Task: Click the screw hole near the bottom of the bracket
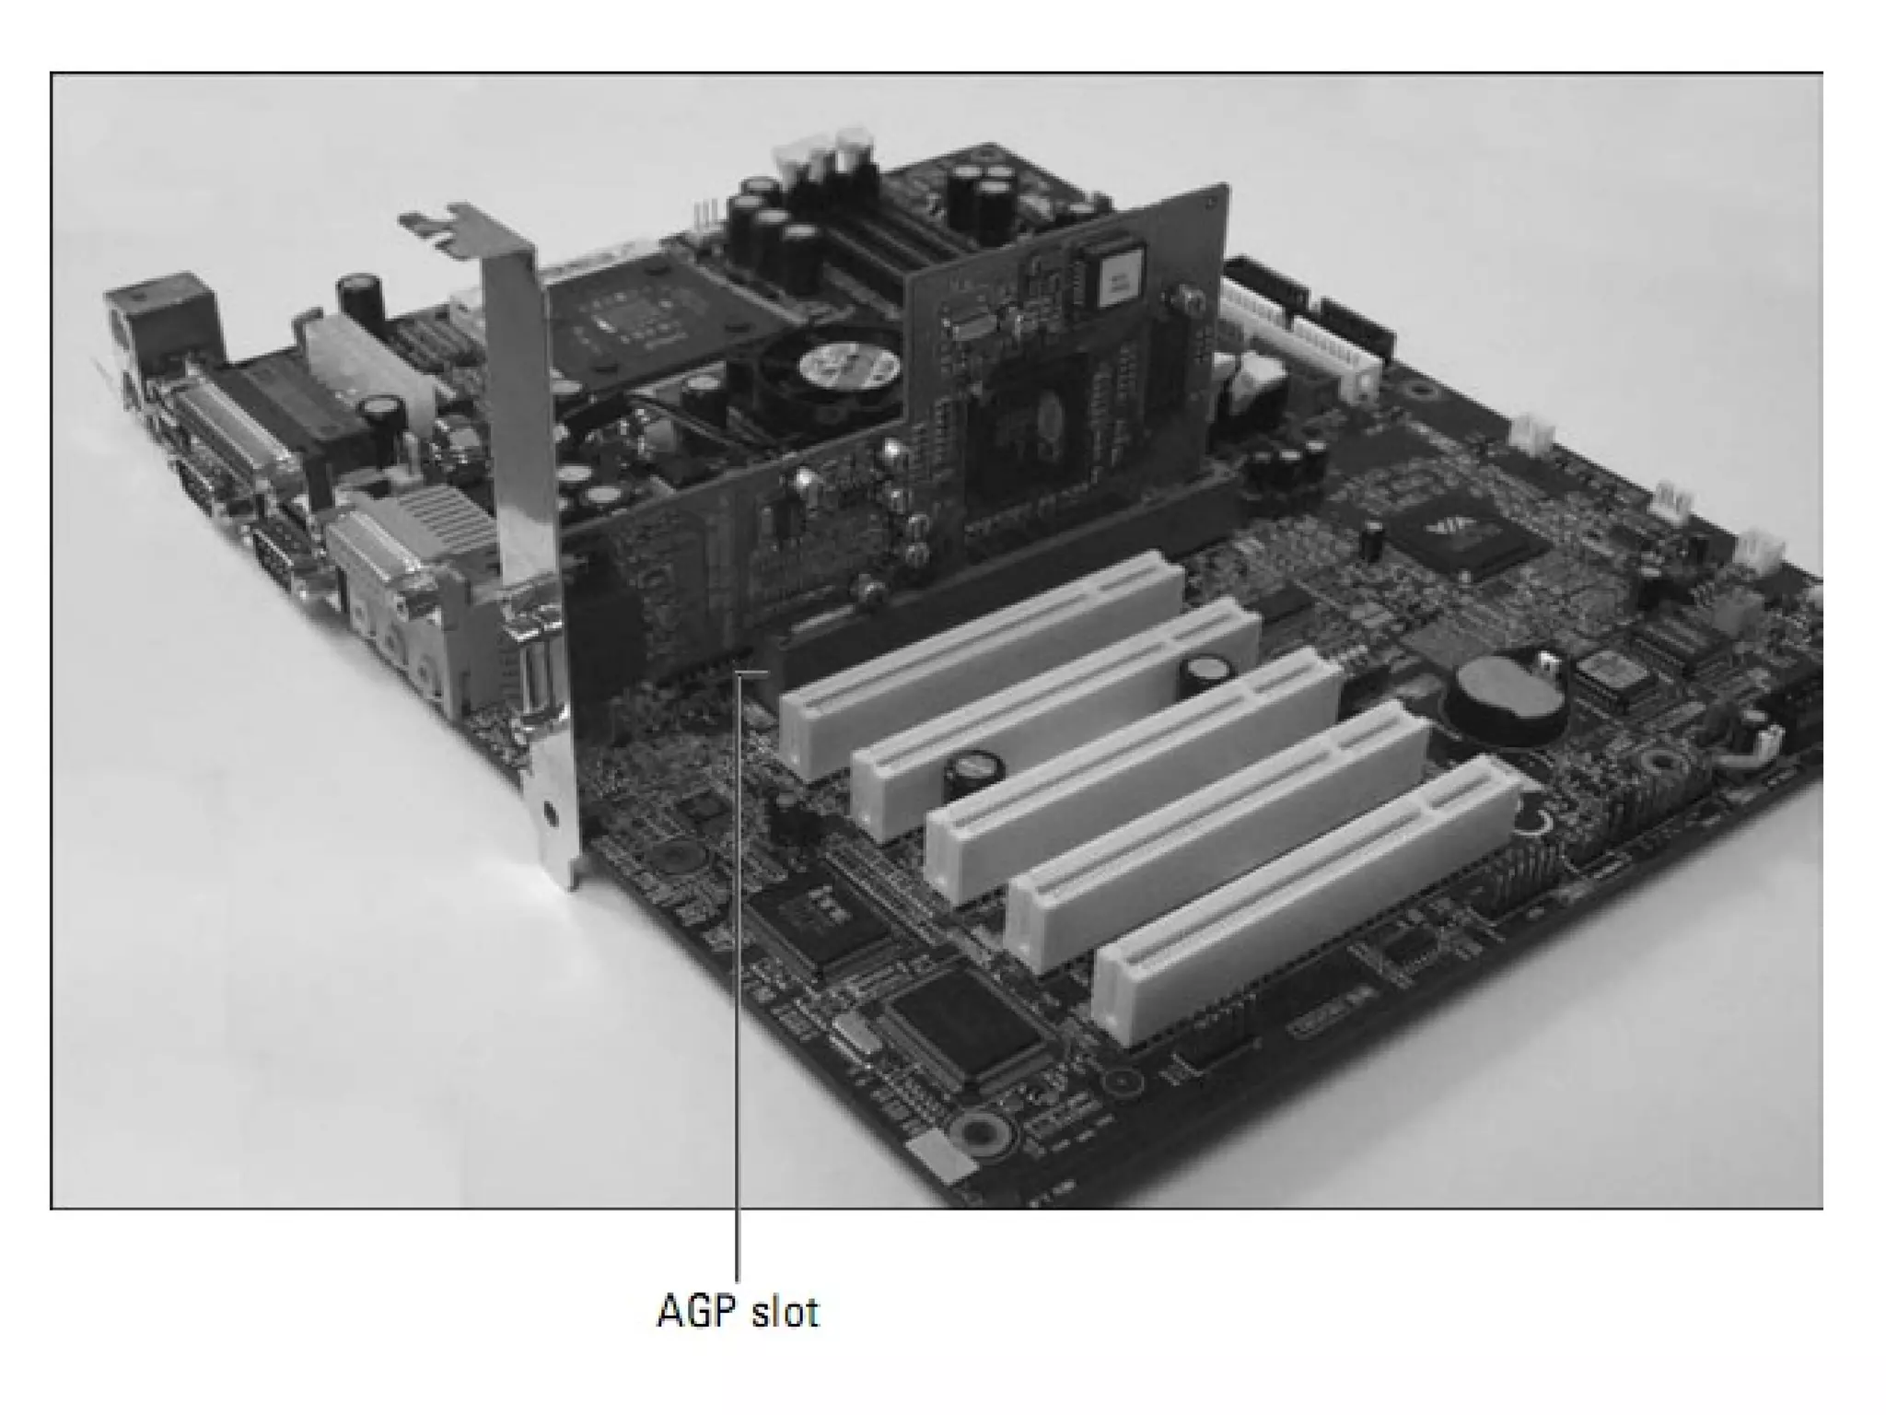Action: [550, 813]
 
